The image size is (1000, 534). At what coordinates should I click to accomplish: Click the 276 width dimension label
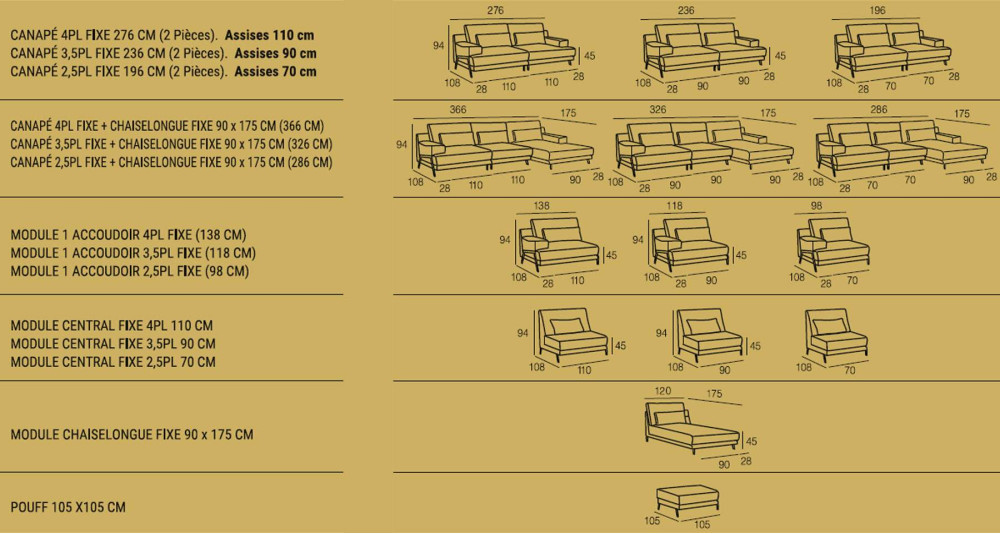(495, 10)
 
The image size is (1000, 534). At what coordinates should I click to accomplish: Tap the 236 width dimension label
(686, 10)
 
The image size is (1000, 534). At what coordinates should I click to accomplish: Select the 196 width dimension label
(877, 10)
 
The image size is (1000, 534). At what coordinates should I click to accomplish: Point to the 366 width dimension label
(458, 110)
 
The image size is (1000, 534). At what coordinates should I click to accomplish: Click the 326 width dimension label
(658, 110)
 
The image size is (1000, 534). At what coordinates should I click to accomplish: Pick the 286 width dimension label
(878, 110)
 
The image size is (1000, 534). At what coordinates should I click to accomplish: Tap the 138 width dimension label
(541, 206)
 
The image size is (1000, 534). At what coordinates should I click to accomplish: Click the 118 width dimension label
(674, 206)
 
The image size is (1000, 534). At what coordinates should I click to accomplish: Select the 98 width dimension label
(816, 206)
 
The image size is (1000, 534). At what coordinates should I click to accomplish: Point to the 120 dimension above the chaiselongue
(663, 391)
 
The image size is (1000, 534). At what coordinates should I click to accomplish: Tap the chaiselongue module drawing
(692, 427)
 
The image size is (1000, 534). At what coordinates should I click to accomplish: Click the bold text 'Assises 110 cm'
(269, 35)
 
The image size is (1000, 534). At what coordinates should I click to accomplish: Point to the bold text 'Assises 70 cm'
(276, 71)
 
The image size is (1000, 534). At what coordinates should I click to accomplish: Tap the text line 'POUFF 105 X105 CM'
(68, 507)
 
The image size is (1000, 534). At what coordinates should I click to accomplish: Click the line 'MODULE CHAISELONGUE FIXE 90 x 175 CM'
(132, 434)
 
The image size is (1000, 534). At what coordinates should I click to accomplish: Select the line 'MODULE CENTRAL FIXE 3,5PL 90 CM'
(113, 344)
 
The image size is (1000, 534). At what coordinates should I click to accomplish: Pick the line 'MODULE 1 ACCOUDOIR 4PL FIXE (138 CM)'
(128, 235)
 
